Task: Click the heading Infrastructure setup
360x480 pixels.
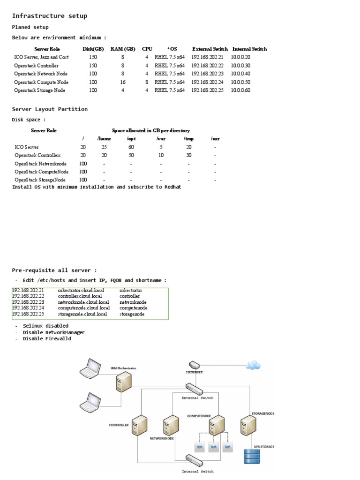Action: click(49, 16)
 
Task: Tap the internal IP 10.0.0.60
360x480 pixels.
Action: click(240, 90)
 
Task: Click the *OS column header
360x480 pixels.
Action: click(172, 49)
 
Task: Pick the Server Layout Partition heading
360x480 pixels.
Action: click(50, 109)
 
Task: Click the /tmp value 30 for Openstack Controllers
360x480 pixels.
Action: click(189, 155)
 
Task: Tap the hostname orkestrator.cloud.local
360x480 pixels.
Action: click(81, 291)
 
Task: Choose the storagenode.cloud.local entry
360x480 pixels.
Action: click(82, 315)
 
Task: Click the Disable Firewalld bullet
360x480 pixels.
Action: click(47, 339)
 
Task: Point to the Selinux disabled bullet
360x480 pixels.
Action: click(45, 326)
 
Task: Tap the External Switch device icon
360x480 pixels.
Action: click(194, 389)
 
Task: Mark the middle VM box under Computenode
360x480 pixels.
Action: click(214, 447)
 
